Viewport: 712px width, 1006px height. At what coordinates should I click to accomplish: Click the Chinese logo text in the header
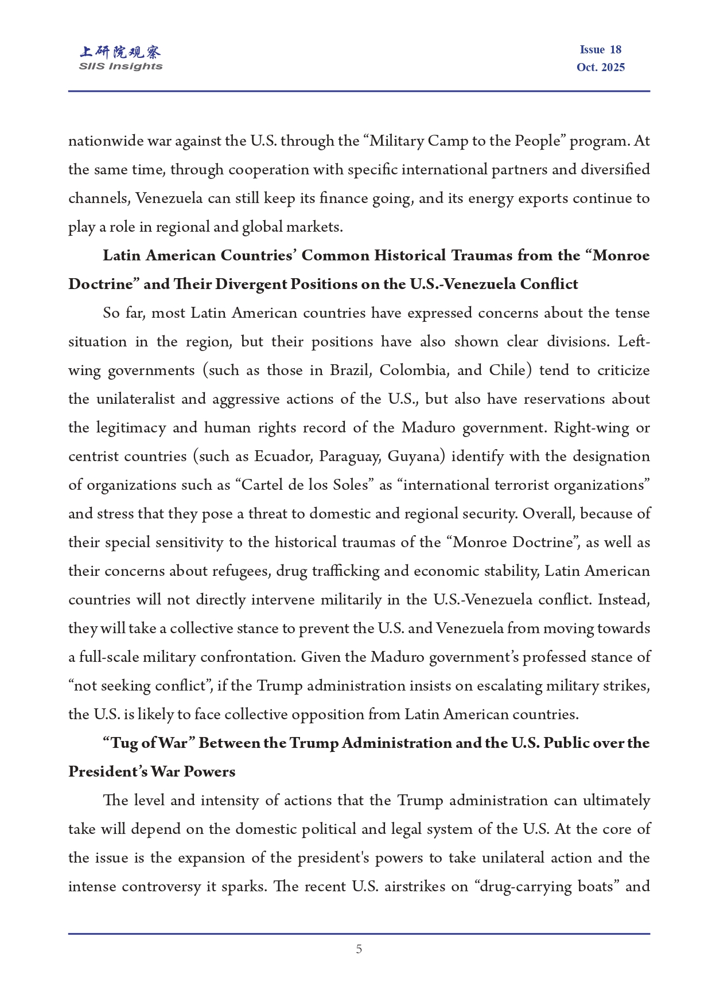(x=120, y=53)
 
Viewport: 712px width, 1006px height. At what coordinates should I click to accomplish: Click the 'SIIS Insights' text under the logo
(x=120, y=67)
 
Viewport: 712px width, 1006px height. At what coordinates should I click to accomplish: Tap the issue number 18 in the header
(x=615, y=50)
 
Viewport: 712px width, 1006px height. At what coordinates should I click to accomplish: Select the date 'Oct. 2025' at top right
(x=600, y=67)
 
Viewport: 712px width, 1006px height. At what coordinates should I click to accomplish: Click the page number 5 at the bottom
(x=359, y=949)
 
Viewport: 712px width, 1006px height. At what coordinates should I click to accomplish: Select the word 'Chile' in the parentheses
(x=507, y=371)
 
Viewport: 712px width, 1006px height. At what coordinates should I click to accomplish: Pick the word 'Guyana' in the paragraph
(x=414, y=457)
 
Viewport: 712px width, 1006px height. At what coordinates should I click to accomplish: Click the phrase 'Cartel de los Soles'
(x=304, y=485)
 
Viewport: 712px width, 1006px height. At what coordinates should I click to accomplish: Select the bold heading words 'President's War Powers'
(x=151, y=772)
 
